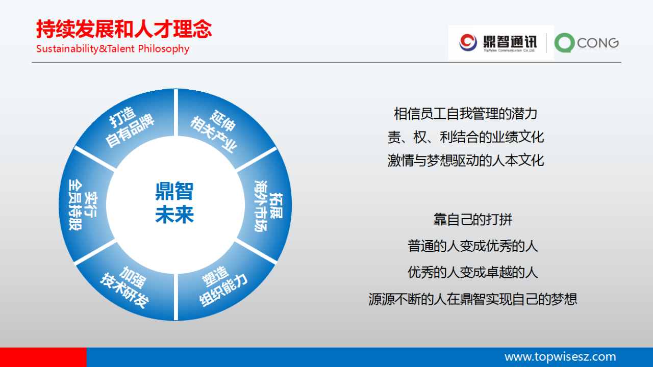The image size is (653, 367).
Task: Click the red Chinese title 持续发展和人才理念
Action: coord(124,29)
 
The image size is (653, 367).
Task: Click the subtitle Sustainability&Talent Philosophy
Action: coord(113,48)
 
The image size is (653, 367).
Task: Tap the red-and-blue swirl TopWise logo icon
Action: coord(468,42)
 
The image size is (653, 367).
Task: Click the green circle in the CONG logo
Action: coord(565,43)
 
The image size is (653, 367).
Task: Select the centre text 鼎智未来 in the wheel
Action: coord(174,203)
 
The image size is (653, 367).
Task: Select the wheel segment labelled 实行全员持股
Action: coord(83,205)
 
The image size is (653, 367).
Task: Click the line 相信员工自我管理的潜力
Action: coord(466,114)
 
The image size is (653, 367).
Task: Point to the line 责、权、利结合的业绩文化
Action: coord(466,137)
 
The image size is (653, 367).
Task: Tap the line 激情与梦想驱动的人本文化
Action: coord(466,160)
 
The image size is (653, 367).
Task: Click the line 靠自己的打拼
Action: coord(472,219)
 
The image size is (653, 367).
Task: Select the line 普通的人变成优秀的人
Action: coord(472,246)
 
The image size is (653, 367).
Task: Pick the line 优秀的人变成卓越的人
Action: coord(472,272)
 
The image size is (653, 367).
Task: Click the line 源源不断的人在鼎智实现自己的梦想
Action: coord(472,299)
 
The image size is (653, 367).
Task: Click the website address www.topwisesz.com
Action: coord(560,357)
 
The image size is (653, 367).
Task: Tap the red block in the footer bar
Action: coord(43,357)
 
